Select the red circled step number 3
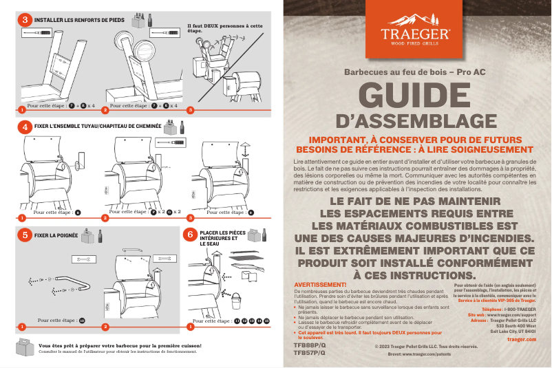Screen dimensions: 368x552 tap(25, 20)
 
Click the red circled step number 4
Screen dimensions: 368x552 tap(25, 127)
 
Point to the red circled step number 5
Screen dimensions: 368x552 tap(25, 235)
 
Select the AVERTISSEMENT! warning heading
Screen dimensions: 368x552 tap(319, 284)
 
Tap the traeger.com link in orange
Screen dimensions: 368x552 tap(521, 339)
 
